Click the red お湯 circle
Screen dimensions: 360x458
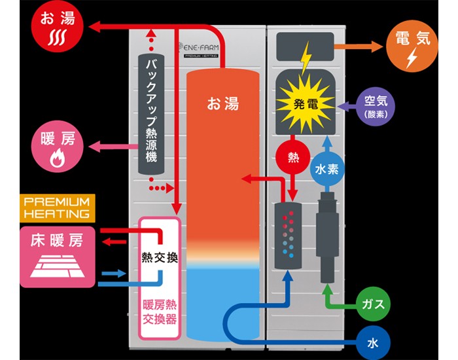56,28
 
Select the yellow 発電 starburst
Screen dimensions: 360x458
306,103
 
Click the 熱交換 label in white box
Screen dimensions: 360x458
160,257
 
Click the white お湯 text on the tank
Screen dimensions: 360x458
223,103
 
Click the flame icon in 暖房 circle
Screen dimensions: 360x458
56,158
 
